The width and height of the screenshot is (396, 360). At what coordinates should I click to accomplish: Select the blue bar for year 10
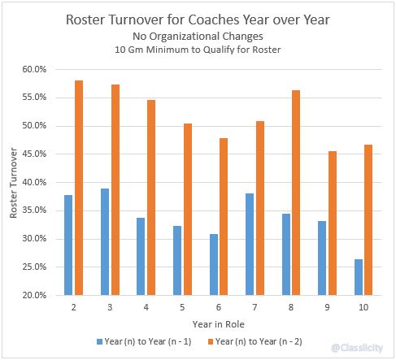pos(359,277)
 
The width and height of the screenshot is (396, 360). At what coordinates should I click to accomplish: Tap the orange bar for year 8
pos(295,193)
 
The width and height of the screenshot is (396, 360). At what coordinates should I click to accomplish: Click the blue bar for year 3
pos(104,241)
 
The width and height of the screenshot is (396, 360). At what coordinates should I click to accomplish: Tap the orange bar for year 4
pos(150,197)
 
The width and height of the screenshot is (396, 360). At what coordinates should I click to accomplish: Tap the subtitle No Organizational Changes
pos(198,36)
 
